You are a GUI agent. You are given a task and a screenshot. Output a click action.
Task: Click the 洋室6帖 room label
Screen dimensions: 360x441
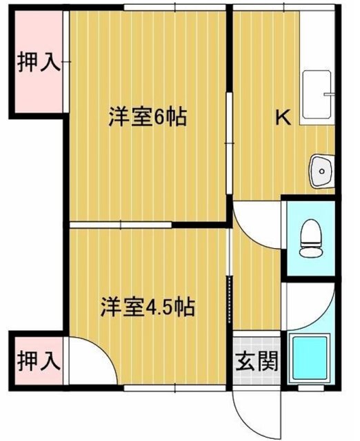pos(148,116)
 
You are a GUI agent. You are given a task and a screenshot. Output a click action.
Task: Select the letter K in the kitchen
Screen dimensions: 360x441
pos(283,118)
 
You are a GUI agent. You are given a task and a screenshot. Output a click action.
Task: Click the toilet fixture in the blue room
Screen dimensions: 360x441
pos(311,238)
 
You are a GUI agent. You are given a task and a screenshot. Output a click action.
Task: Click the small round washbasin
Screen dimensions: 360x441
pos(321,171)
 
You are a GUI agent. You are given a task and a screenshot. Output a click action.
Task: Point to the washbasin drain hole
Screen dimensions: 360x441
pos(323,171)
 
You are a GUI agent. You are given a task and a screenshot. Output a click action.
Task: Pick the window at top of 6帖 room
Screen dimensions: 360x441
pos(174,7)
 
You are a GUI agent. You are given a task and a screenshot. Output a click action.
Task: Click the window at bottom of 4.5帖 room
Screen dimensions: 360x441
pos(174,388)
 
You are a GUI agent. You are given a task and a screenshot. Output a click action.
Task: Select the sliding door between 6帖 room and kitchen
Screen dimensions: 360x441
pos(230,143)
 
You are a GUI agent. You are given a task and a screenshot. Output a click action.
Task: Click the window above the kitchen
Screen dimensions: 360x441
pos(283,7)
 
